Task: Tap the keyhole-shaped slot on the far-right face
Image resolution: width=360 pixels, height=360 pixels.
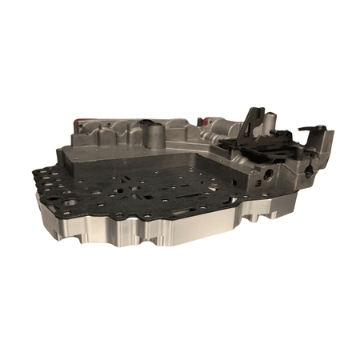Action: (x=308, y=170)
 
